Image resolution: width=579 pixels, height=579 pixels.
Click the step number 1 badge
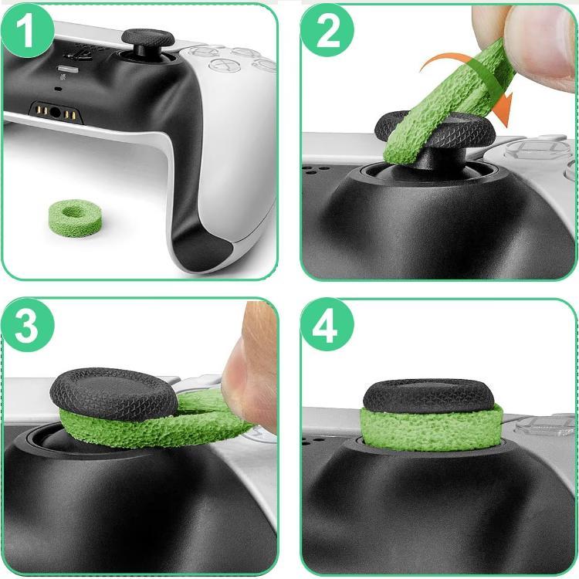pos(27,32)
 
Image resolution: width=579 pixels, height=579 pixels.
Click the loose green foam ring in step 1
pos(75,217)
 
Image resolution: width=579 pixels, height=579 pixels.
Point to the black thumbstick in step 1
pos(147,39)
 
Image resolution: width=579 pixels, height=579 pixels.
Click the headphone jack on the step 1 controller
pos(55,113)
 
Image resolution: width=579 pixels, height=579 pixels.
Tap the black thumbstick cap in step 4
pos(428,394)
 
